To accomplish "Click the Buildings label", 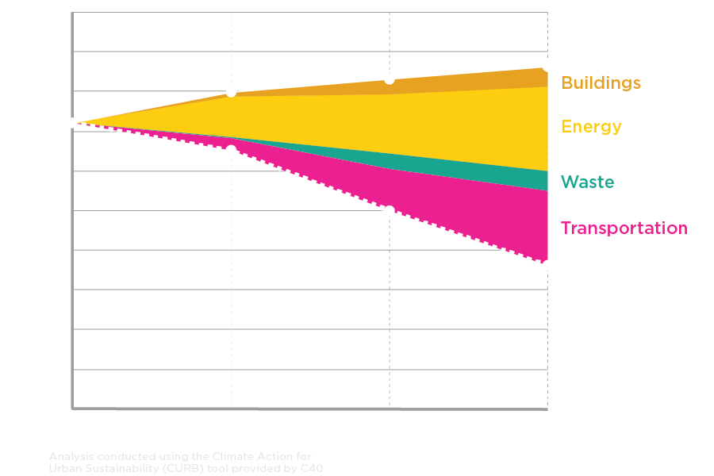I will (601, 83).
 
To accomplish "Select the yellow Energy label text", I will (591, 127).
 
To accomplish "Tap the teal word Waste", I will (587, 182).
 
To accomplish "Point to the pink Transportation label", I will (624, 228).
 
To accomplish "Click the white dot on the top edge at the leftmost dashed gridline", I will (231, 92).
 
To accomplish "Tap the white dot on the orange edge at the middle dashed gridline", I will (390, 79).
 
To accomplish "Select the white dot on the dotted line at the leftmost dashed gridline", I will (231, 148).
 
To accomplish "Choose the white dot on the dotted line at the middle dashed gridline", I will (390, 209).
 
